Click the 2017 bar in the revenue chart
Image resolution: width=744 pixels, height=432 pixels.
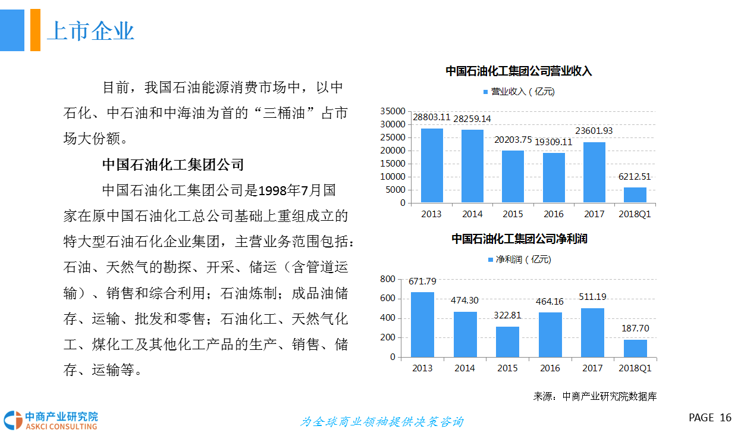pos(594,173)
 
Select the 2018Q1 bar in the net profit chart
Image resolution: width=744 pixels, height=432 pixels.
pos(635,349)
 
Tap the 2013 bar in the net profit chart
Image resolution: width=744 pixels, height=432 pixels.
pos(422,325)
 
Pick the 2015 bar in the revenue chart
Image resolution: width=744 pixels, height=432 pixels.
pos(513,177)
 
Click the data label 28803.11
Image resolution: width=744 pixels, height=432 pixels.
pos(432,117)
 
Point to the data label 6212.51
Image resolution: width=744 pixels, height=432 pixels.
pos(635,176)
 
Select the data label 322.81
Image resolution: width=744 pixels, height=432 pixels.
pos(507,315)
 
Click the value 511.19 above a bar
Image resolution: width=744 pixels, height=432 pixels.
pos(592,297)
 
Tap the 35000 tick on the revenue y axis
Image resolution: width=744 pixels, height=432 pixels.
pos(393,111)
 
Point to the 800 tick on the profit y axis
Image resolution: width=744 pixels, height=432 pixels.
pos(387,279)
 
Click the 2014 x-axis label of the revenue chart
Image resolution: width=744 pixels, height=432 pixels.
pos(472,214)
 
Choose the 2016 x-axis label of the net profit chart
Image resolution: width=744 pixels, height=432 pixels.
pos(550,368)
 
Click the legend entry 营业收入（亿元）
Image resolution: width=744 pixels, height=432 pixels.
pos(517,92)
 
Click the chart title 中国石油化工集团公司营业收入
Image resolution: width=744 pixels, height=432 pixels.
pos(519,71)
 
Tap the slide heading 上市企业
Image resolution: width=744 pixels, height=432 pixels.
pos(90,31)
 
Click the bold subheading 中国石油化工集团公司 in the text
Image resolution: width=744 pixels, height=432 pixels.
pos(173,164)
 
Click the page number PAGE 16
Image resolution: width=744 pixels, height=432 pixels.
pos(710,418)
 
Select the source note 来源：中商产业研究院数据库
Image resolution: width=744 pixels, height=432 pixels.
pos(595,396)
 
